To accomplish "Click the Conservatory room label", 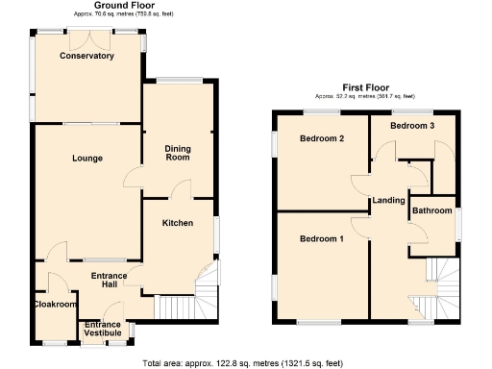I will tap(86, 57).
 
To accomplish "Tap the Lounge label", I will tap(86, 158).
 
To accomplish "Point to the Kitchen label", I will tap(178, 223).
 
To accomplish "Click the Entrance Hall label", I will tap(109, 281).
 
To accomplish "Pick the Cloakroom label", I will tap(54, 305).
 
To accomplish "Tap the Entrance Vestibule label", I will tap(103, 330).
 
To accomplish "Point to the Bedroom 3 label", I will tap(411, 126).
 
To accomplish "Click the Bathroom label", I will tap(432, 210).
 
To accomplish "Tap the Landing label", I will tap(389, 200).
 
